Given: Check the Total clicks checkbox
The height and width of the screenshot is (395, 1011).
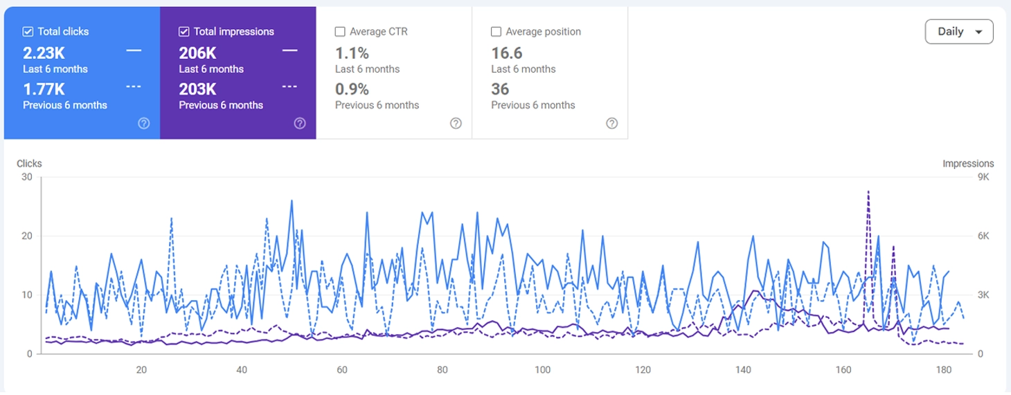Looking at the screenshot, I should [x=28, y=31].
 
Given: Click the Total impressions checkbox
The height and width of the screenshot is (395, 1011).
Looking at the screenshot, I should [x=184, y=31].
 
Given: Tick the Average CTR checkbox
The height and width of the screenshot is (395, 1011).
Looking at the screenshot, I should [x=340, y=31].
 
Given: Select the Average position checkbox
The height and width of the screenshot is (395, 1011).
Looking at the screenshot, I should [x=496, y=31].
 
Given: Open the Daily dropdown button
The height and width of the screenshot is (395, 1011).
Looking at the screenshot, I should [x=959, y=32].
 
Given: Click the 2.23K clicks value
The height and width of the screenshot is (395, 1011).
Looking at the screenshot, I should [x=44, y=53].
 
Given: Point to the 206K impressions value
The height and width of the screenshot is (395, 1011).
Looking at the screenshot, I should [x=197, y=53].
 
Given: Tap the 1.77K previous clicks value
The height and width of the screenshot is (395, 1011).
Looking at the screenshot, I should [x=44, y=89].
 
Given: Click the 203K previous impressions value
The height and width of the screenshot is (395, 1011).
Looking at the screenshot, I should [x=197, y=89].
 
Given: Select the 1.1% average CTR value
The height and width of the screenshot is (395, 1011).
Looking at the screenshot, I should [x=352, y=53].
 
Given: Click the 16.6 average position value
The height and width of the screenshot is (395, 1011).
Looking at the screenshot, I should [x=506, y=53].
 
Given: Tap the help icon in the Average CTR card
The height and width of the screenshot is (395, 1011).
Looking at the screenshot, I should [x=456, y=123].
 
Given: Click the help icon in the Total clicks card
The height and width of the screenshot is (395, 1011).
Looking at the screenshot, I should [x=144, y=123].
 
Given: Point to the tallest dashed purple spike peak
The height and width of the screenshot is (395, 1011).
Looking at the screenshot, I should [x=868, y=192].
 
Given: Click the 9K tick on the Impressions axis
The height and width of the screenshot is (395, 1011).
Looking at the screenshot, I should [x=983, y=177].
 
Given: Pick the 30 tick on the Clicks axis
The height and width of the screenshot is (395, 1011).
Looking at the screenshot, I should [x=27, y=177].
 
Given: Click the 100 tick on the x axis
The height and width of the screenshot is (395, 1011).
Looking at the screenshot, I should [x=542, y=370].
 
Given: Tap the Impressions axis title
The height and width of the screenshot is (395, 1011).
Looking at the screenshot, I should [x=967, y=164].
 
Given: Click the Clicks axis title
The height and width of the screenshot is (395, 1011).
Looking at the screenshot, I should [x=29, y=164].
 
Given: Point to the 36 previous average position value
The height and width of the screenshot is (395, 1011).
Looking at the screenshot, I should [x=500, y=89].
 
